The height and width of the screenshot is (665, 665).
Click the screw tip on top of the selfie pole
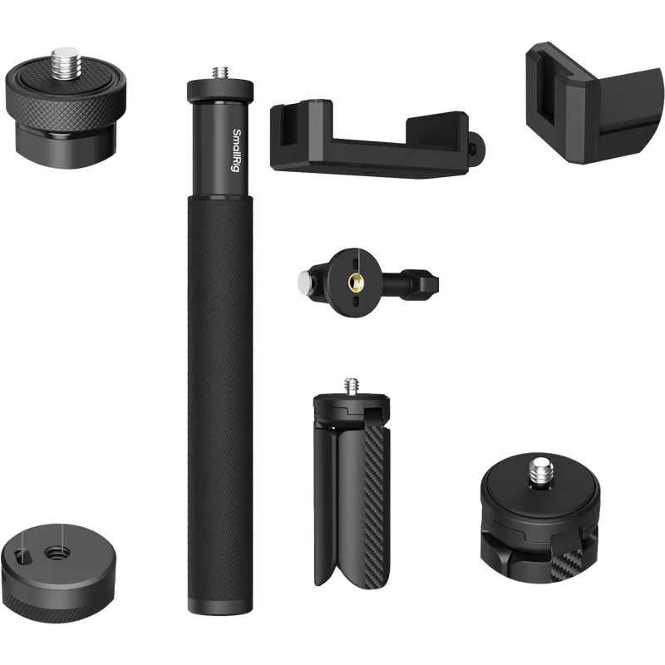pyautogui.click(x=220, y=73)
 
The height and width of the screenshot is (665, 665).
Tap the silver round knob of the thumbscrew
pyautogui.click(x=304, y=280)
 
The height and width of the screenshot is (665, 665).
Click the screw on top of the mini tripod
pyautogui.click(x=350, y=386)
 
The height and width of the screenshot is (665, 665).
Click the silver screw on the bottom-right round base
pyautogui.click(x=539, y=469)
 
